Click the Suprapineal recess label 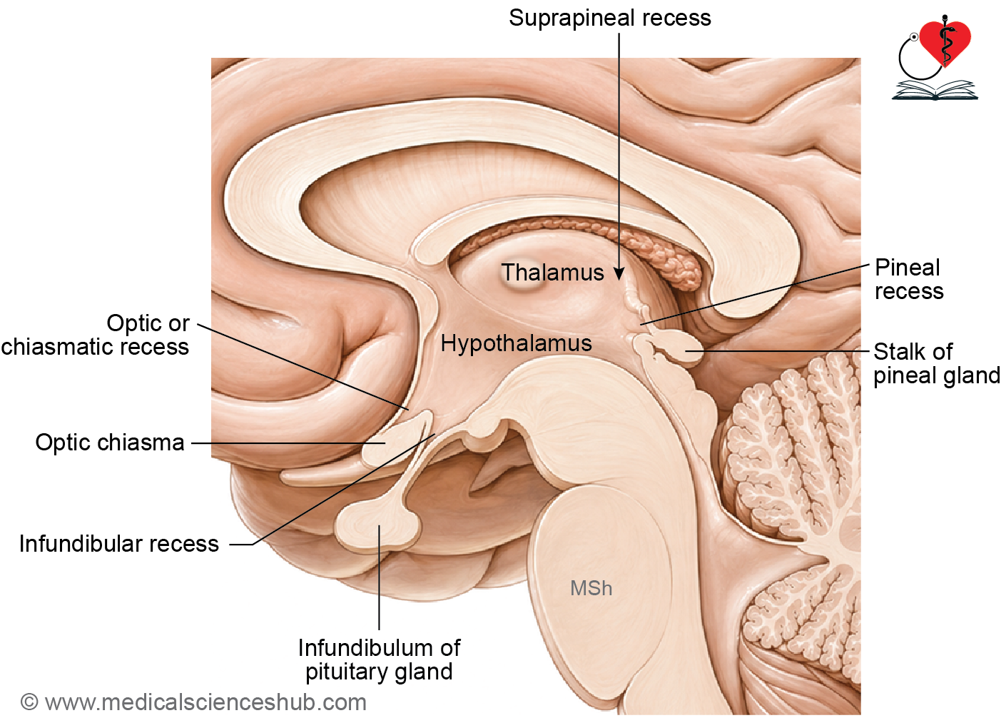pyautogui.click(x=609, y=19)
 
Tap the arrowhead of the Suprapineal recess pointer pyautogui.click(x=619, y=273)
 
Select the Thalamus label pyautogui.click(x=552, y=273)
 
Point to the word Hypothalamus pyautogui.click(x=516, y=343)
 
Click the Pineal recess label pyautogui.click(x=909, y=280)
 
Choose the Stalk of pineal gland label pyautogui.click(x=936, y=363)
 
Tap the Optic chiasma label pyautogui.click(x=110, y=443)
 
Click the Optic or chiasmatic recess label pyautogui.click(x=96, y=335)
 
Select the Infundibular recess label pyautogui.click(x=119, y=544)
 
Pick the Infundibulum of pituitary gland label pyautogui.click(x=379, y=660)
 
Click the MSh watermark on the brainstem pyautogui.click(x=591, y=588)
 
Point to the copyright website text pyautogui.click(x=193, y=702)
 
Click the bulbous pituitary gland pyautogui.click(x=378, y=525)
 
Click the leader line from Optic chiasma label pyautogui.click(x=288, y=443)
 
